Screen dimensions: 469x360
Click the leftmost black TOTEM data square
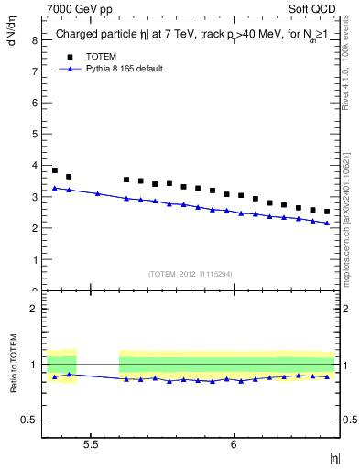tap(55, 170)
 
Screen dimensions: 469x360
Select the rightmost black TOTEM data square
tap(327, 212)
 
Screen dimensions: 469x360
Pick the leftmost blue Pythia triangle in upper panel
tap(55, 188)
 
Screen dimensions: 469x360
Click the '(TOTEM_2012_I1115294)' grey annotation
tap(191, 274)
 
